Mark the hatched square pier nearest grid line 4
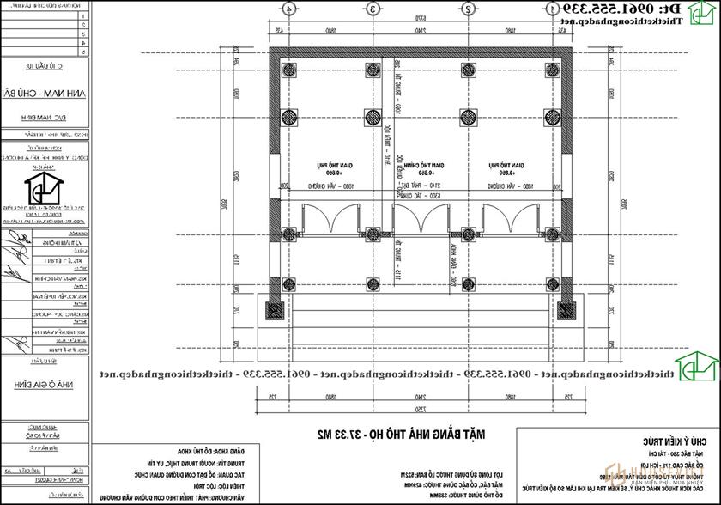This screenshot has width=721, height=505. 274,310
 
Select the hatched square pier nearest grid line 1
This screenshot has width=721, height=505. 564,310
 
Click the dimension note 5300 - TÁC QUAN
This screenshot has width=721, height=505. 419,195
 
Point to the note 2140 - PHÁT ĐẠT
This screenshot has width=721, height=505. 419,186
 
